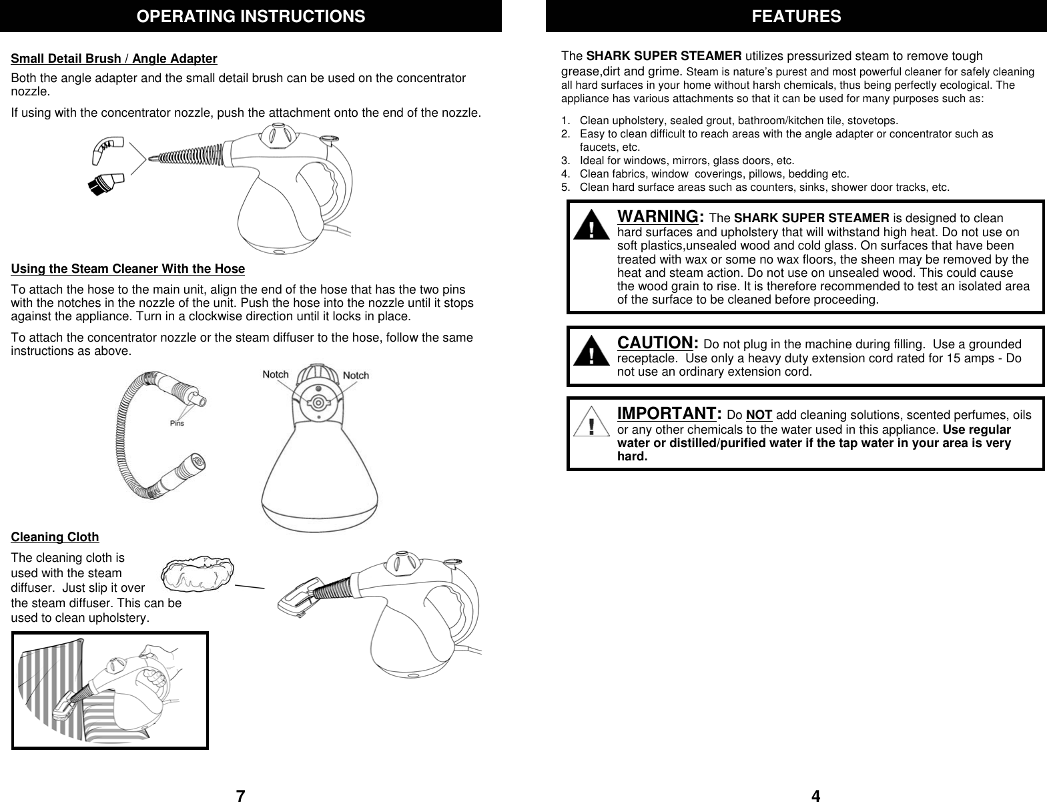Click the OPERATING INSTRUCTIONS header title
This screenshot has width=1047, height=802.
tap(251, 16)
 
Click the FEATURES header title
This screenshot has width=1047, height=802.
tap(796, 16)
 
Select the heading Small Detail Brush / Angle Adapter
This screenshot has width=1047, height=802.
tap(114, 59)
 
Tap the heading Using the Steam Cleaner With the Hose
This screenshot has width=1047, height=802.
tap(128, 269)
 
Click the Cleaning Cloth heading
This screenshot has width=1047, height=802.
tap(55, 537)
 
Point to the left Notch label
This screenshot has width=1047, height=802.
tap(276, 374)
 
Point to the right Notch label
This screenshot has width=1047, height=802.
tap(356, 376)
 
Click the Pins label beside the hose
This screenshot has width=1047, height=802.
tap(177, 422)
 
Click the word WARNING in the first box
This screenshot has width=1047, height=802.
tap(659, 217)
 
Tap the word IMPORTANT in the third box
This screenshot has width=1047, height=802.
tap(668, 414)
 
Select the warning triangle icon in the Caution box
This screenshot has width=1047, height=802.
tap(591, 352)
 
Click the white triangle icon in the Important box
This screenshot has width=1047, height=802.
tap(591, 424)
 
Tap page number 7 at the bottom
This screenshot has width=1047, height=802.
tap(241, 795)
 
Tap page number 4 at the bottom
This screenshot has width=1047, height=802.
tap(815, 795)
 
